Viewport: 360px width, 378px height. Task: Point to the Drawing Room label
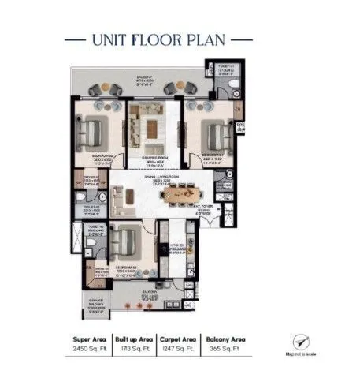point(154,158)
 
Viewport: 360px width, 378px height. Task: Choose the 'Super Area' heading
point(89,336)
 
